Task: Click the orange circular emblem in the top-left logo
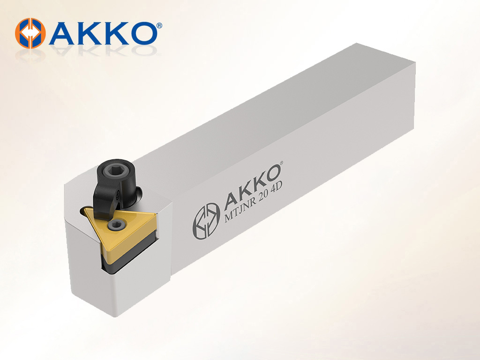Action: pos(30,33)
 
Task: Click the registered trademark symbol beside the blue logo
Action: pos(159,25)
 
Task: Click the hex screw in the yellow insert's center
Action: pos(116,225)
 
